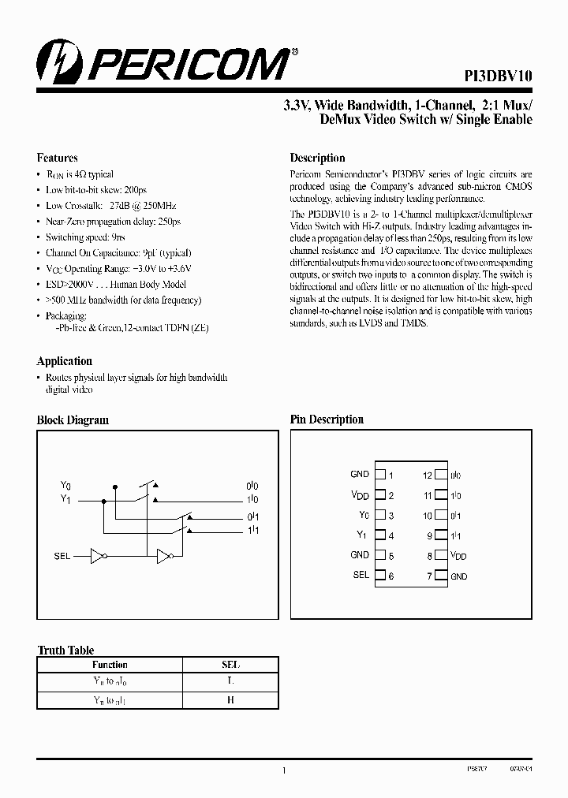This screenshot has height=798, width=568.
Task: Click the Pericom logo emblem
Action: [52, 62]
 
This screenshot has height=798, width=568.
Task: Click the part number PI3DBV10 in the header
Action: [497, 76]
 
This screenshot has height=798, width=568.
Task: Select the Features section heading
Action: [57, 158]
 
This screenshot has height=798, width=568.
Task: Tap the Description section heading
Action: [317, 158]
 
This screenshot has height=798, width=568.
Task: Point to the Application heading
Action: [64, 361]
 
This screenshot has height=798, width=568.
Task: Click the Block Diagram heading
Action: [73, 420]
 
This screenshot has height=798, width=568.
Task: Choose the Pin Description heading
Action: [327, 420]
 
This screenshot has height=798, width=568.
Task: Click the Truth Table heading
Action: [65, 651]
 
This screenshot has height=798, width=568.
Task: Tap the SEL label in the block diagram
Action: [62, 556]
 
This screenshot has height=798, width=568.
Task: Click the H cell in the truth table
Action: [230, 699]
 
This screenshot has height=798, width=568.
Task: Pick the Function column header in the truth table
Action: [110, 665]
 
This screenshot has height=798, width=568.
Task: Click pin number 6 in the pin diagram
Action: [390, 576]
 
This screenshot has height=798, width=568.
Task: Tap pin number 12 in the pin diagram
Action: [428, 475]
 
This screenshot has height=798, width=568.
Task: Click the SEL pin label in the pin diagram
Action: [361, 575]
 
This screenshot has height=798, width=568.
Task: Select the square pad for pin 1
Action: [379, 475]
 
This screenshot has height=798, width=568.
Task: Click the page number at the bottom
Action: [283, 771]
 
